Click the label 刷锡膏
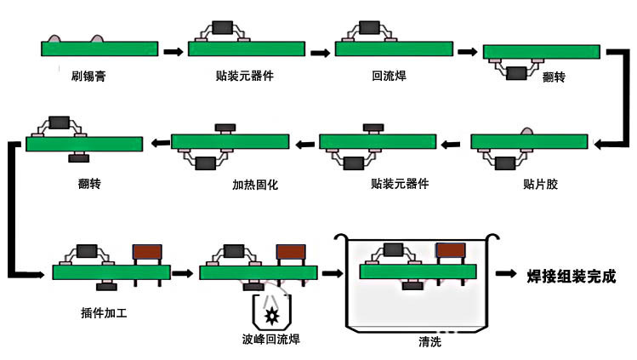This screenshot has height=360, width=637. point(88,76)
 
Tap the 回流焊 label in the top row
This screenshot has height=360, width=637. point(389,76)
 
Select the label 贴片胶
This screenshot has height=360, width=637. point(540,184)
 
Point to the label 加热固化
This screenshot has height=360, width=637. point(255,185)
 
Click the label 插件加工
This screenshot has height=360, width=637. point(104,313)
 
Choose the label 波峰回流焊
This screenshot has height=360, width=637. point(271,340)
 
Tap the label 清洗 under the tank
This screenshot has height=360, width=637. point(429,342)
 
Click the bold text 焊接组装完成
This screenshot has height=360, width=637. point(572,277)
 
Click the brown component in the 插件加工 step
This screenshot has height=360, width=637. point(147,252)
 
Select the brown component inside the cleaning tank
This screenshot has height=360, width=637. point(451,250)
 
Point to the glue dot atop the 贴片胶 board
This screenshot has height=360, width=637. point(527,131)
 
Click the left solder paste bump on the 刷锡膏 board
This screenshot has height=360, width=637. point(54,38)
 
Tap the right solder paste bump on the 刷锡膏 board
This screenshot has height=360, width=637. point(97,38)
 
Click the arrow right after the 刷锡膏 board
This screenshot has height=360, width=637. point(173,52)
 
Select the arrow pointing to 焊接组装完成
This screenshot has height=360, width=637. point(506,273)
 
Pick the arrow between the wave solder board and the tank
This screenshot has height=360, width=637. point(333,273)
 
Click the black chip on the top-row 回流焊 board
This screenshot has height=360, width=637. point(369,27)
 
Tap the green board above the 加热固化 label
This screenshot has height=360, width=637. point(230,141)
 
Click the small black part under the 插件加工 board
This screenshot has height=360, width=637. point(107,287)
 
